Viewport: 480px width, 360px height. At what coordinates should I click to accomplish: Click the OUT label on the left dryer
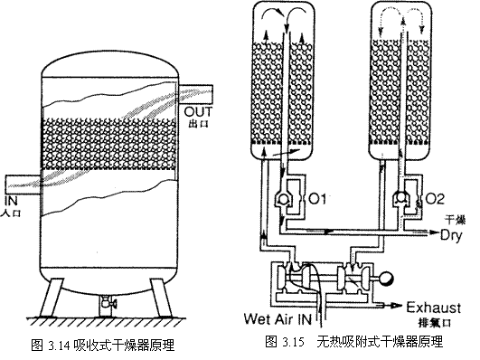pyautogui.click(x=199, y=112)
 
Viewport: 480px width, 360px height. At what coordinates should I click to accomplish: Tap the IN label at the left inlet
pyautogui.click(x=13, y=199)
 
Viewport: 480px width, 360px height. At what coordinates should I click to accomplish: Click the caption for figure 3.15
pyautogui.click(x=353, y=343)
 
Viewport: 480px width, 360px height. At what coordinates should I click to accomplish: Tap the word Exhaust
pyautogui.click(x=442, y=306)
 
